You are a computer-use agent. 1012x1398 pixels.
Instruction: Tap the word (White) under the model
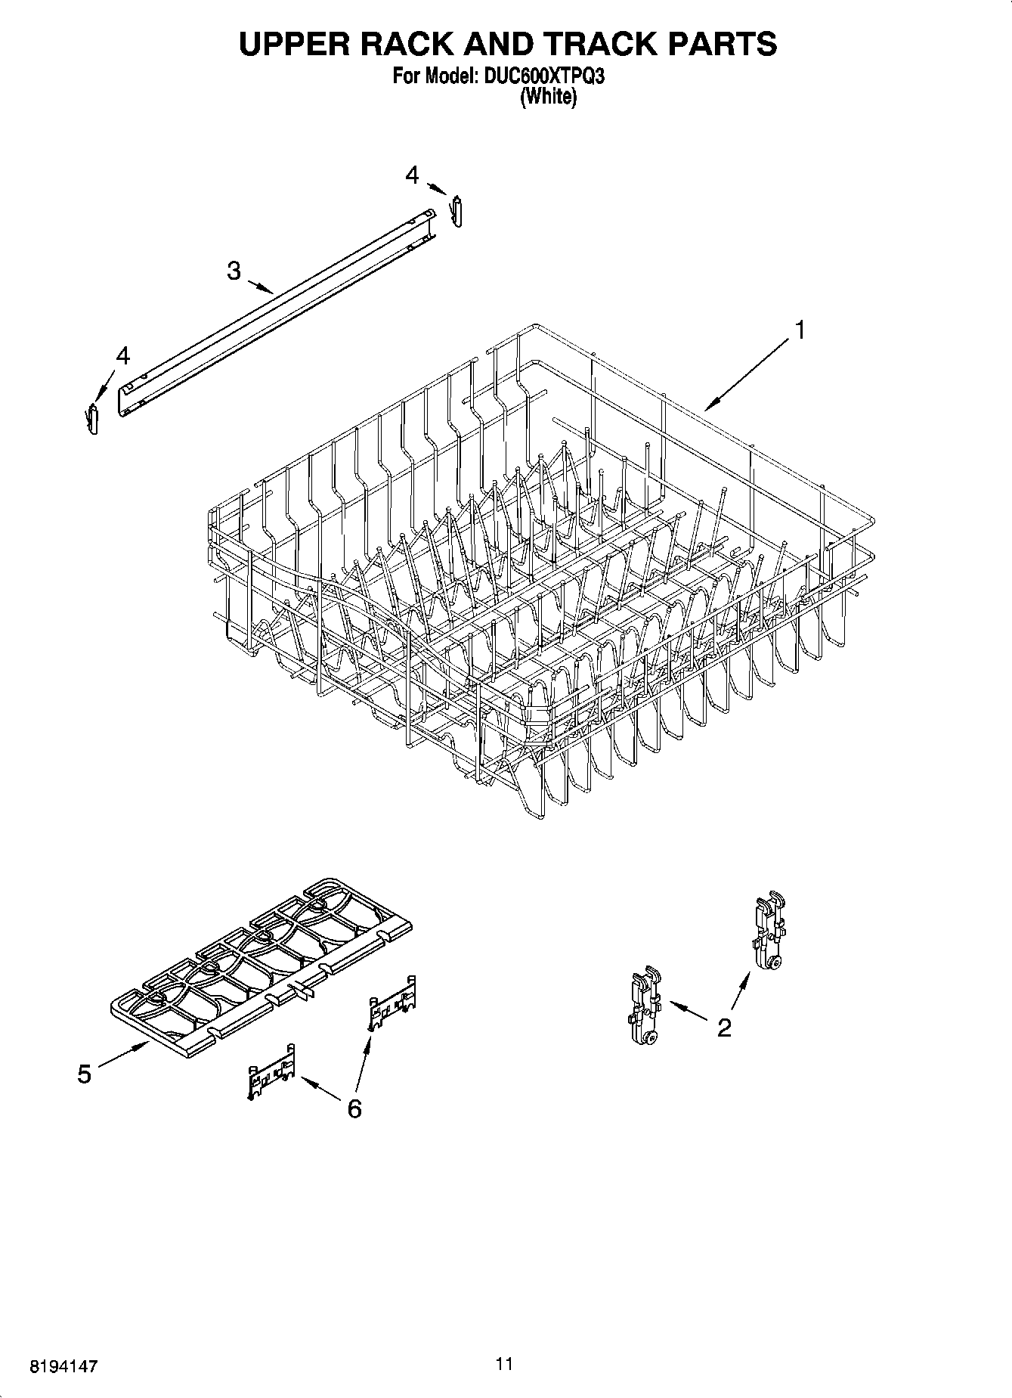(x=549, y=97)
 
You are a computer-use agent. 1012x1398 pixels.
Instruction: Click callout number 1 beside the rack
(x=799, y=330)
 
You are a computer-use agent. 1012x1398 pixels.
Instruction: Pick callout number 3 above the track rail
(x=234, y=270)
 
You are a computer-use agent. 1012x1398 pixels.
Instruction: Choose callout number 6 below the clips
(x=354, y=1108)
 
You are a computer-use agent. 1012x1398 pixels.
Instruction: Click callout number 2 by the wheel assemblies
(x=724, y=1027)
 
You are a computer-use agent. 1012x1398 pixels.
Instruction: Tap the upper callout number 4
(x=412, y=175)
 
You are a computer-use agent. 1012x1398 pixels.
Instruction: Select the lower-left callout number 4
(x=122, y=355)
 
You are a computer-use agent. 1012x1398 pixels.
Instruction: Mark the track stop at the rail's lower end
(x=93, y=420)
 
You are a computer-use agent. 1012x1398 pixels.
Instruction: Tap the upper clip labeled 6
(x=392, y=1006)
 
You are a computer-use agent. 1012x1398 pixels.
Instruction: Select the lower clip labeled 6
(x=271, y=1071)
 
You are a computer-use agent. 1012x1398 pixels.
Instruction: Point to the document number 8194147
(x=63, y=1366)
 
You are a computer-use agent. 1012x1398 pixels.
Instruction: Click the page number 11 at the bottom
(x=504, y=1363)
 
